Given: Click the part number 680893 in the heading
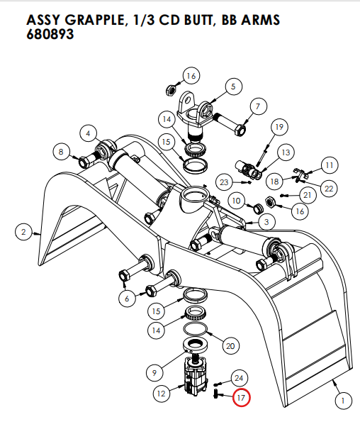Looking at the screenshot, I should (x=50, y=33).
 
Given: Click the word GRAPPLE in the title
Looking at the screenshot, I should (x=92, y=19).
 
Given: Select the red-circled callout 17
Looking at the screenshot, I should (x=241, y=398).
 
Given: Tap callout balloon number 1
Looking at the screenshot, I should (x=342, y=401).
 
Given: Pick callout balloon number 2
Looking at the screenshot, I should (x=23, y=231).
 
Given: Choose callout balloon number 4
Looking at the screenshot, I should (x=89, y=133).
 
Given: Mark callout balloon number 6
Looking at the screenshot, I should (x=127, y=299).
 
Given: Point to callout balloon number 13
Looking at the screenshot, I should (x=286, y=152).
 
